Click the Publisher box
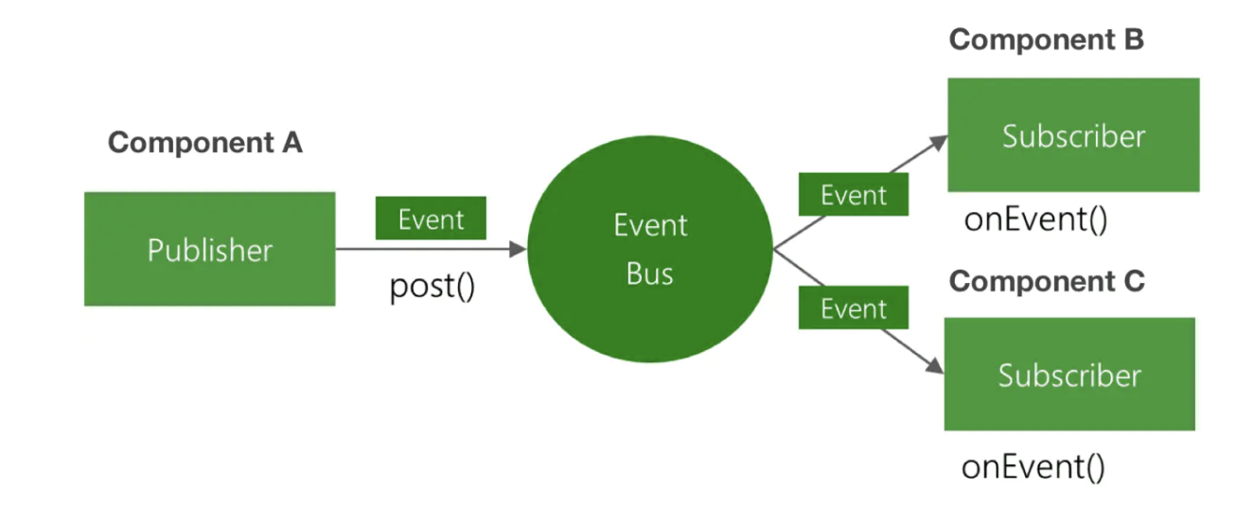coord(209,249)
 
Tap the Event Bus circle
coord(650,250)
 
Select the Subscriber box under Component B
coord(1073,135)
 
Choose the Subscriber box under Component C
coord(1069,375)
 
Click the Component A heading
coord(204,143)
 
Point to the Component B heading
coord(1046,40)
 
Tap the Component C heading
coord(1047,281)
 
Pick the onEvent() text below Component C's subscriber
coord(1033,467)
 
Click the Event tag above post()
coord(431,219)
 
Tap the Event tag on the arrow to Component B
coord(854,195)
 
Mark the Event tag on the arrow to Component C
coord(854,308)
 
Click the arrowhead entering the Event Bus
coord(518,250)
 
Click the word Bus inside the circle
coord(650,274)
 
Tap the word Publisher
coord(209,250)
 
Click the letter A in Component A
coord(290,143)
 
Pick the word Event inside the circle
coord(650,225)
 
